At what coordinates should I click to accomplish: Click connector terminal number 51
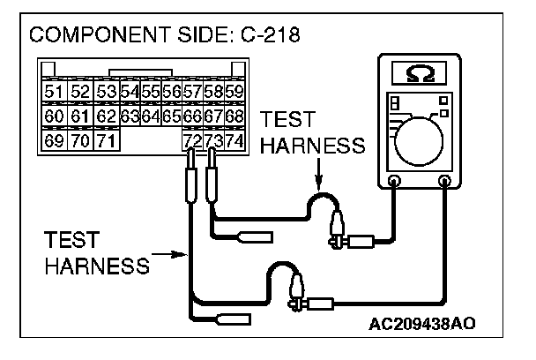pyautogui.click(x=53, y=93)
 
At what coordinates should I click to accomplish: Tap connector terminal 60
pyautogui.click(x=53, y=116)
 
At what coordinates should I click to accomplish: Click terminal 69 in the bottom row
pyautogui.click(x=53, y=139)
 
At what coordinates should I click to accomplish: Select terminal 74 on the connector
pyautogui.click(x=234, y=139)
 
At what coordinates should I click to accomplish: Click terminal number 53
pyautogui.click(x=107, y=93)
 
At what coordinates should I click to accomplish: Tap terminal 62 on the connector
pyautogui.click(x=107, y=116)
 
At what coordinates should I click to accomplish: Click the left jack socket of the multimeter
pyautogui.click(x=394, y=183)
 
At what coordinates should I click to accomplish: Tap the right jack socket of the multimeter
pyautogui.click(x=445, y=183)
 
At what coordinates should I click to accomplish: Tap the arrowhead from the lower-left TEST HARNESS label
pyautogui.click(x=183, y=254)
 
